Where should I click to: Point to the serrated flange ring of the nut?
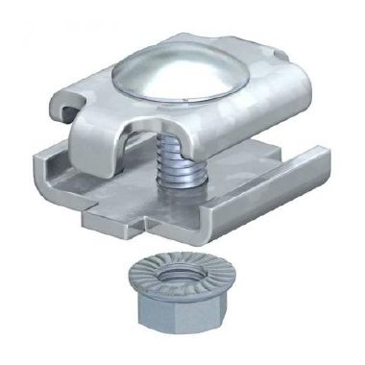(144, 281)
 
